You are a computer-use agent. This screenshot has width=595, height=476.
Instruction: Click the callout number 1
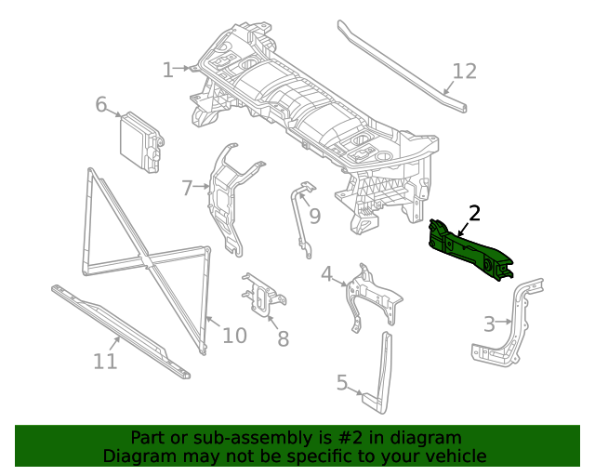tap(168, 70)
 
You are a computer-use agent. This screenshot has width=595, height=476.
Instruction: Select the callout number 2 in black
tap(474, 213)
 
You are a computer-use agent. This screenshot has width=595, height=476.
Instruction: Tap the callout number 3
tap(489, 324)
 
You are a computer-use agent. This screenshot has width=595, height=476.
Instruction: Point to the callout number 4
tap(327, 274)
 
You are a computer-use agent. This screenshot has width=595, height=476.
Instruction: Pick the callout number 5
tap(342, 382)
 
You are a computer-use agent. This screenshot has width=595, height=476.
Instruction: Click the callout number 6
tap(101, 104)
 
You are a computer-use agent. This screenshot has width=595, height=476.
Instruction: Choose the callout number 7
tap(187, 188)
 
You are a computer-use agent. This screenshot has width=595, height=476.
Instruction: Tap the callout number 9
tap(315, 217)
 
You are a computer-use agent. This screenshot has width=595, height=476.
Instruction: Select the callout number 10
tap(234, 335)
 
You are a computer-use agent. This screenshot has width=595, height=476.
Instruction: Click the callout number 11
tap(105, 360)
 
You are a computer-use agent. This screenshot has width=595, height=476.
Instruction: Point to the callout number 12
tap(464, 72)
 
